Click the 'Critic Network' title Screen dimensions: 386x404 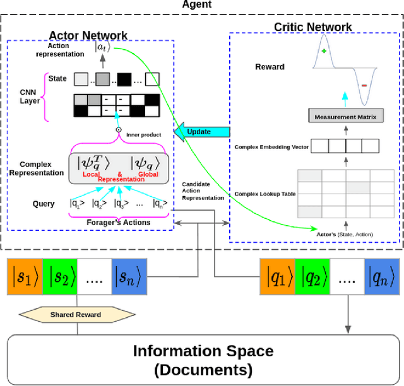click(312, 26)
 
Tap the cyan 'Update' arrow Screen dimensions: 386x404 click(198, 132)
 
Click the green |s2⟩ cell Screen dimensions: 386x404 click(60, 277)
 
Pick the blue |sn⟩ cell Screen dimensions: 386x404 click(129, 277)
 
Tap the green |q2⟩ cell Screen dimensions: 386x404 click(312, 277)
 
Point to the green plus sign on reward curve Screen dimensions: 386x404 click(324, 52)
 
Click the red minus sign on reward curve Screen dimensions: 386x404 click(365, 84)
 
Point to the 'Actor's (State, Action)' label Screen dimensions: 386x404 click(344, 235)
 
